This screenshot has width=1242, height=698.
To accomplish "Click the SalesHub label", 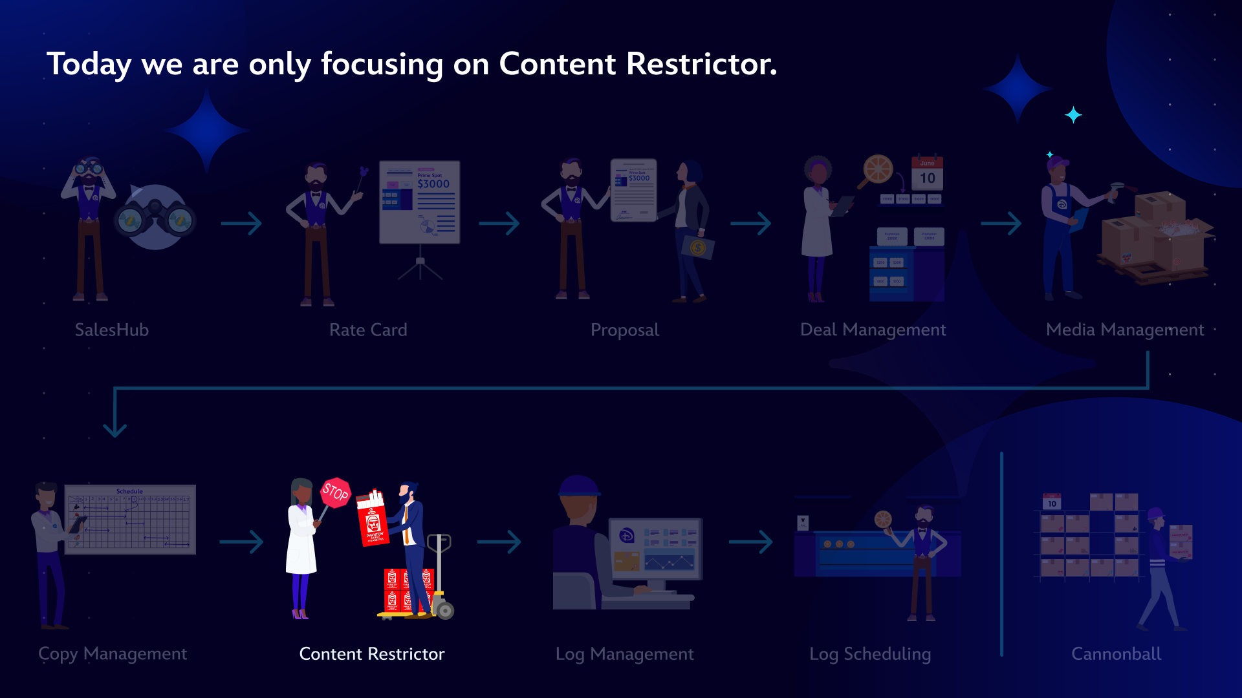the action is [112, 330].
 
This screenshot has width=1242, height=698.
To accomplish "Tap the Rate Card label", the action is [368, 330].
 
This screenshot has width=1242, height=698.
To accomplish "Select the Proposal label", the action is [625, 330].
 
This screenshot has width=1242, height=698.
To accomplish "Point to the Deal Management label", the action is [873, 330].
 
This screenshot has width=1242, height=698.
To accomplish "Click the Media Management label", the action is [1125, 330].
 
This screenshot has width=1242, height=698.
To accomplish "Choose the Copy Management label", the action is [113, 653].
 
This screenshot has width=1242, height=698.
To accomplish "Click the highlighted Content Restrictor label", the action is [372, 653].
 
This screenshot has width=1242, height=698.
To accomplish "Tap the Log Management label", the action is [625, 653].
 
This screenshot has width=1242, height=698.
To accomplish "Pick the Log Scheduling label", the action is [870, 653].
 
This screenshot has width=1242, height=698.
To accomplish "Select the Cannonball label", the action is [1117, 653].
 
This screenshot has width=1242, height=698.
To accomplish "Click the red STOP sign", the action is [335, 493].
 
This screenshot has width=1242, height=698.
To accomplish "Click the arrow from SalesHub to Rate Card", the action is [241, 224].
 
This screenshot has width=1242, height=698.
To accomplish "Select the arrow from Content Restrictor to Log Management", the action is [499, 542].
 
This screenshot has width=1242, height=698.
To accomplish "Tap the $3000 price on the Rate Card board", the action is [433, 184].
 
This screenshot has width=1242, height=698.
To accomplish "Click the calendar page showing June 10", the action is [927, 174].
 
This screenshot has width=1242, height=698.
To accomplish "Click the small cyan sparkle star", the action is [1073, 115].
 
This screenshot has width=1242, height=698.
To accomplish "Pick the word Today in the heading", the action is [89, 64].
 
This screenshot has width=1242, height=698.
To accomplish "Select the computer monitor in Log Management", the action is [656, 548].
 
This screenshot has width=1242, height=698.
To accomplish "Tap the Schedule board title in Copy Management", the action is [129, 491].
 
